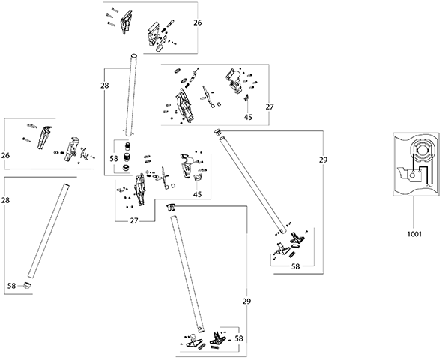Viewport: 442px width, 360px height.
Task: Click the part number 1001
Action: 414,234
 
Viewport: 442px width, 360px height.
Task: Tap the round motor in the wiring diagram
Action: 421,151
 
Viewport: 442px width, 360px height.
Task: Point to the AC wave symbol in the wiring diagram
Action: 430,186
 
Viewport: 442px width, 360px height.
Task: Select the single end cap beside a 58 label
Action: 27,285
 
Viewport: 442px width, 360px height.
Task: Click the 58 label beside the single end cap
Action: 11,286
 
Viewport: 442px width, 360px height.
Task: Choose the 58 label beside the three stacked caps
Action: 114,159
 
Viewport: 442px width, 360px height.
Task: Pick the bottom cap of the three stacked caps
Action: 126,167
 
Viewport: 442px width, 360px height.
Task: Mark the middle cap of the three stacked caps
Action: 127,157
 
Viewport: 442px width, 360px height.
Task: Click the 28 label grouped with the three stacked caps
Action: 105,85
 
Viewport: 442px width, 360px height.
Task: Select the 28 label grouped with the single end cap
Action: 5,200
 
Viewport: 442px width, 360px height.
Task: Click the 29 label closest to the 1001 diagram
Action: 324,160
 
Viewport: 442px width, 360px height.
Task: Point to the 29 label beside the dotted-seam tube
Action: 246,301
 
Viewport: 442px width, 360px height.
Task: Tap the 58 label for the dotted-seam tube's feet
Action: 239,338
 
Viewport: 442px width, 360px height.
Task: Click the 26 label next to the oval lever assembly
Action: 198,22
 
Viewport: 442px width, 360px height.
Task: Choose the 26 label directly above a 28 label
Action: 5,155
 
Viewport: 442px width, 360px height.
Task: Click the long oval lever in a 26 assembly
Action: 161,43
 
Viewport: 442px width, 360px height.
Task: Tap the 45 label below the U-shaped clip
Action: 198,195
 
